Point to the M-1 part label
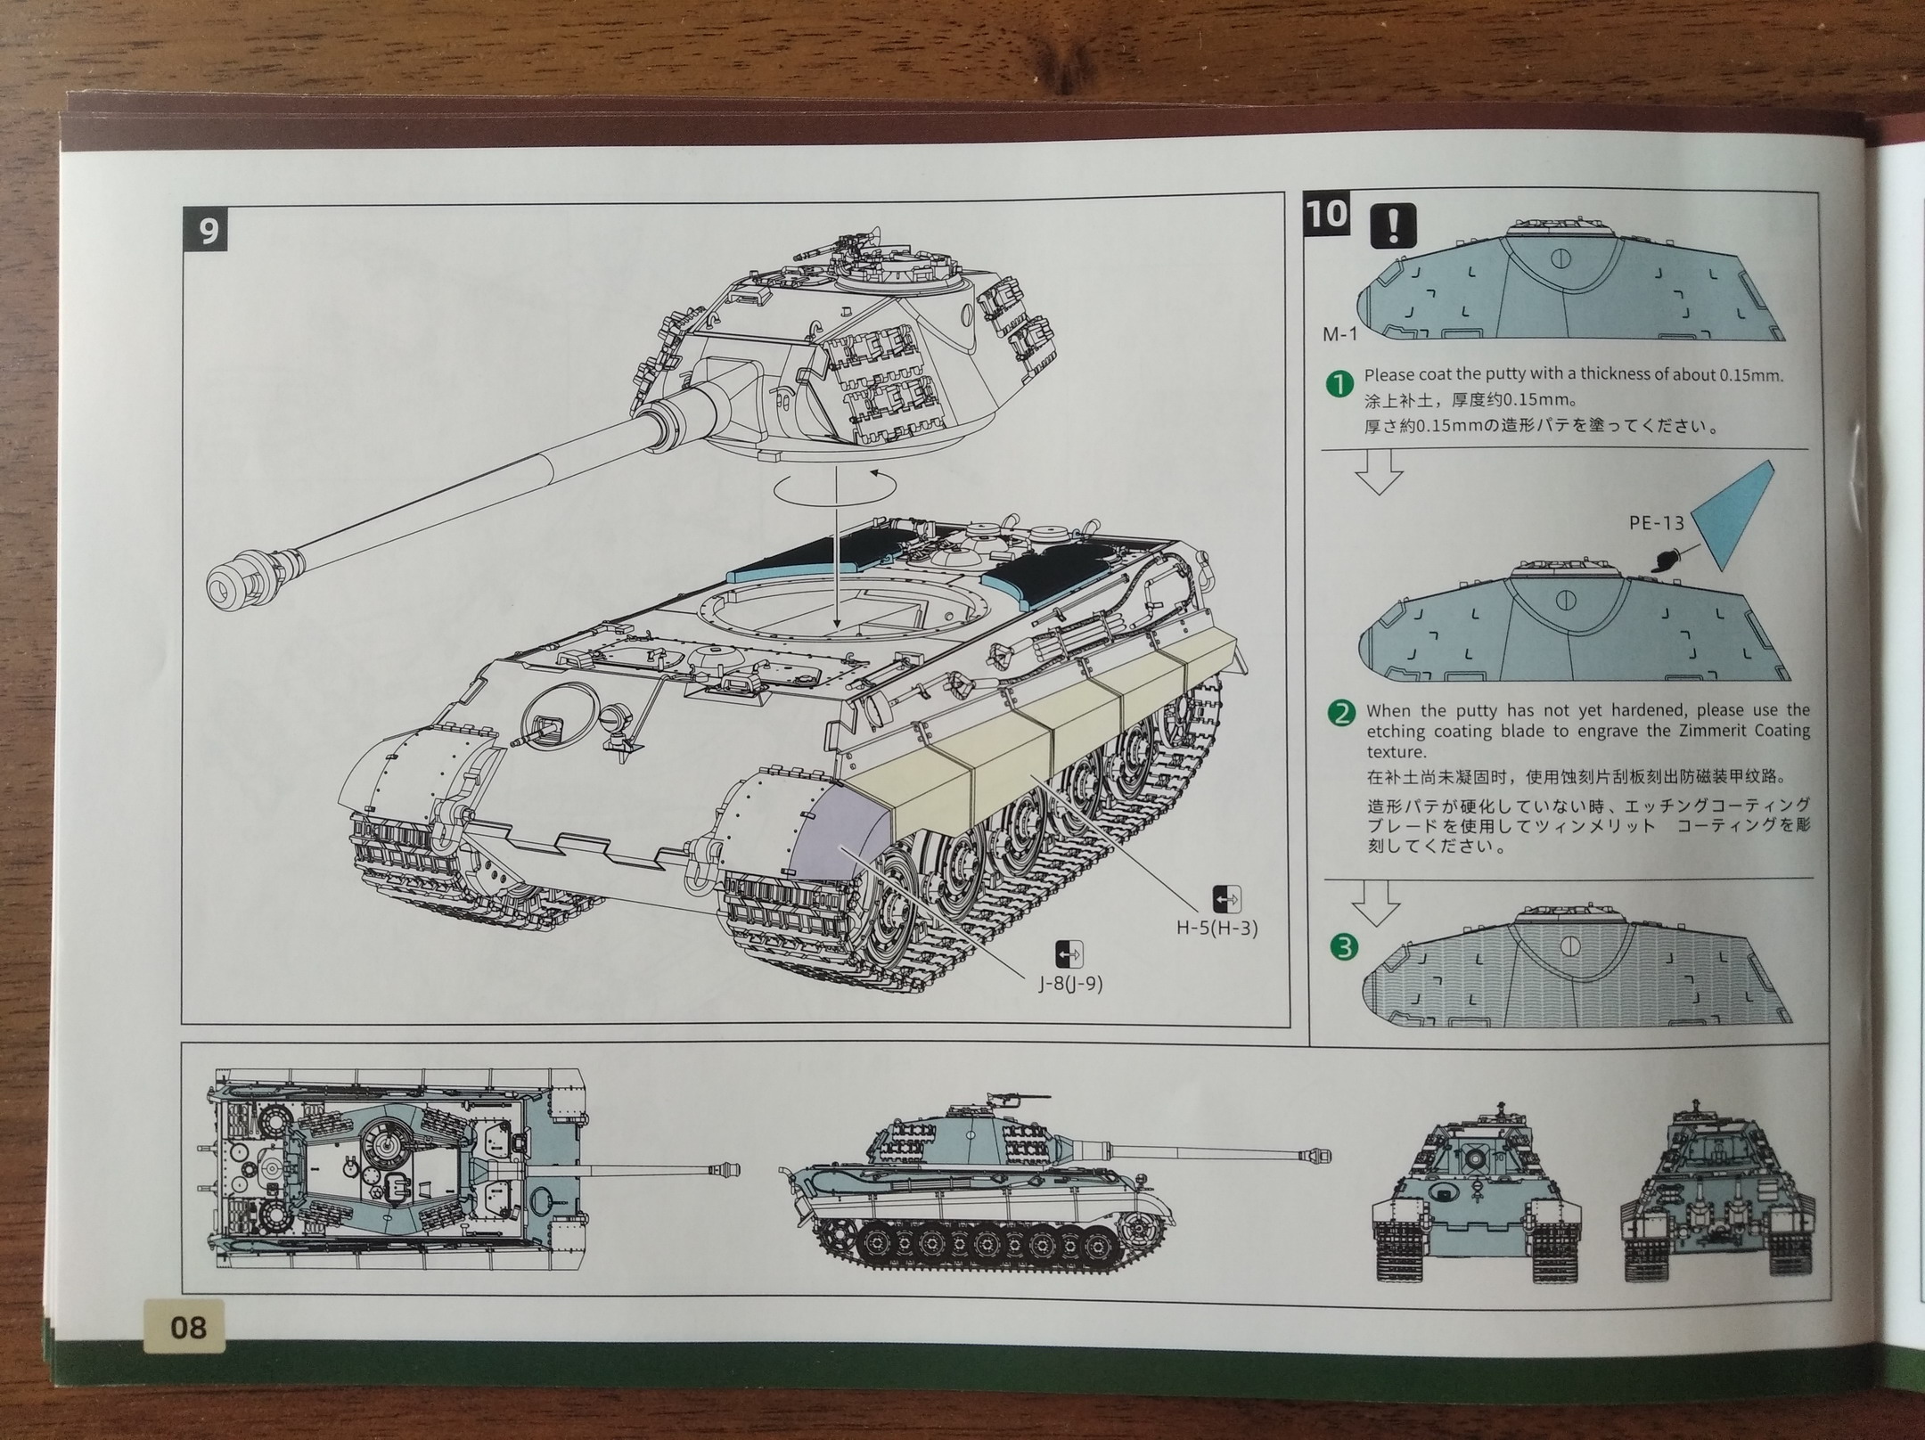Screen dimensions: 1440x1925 pos(1339,334)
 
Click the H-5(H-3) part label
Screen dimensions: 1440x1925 pos(1216,928)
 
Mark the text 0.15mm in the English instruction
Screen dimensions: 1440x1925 pos(1750,375)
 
